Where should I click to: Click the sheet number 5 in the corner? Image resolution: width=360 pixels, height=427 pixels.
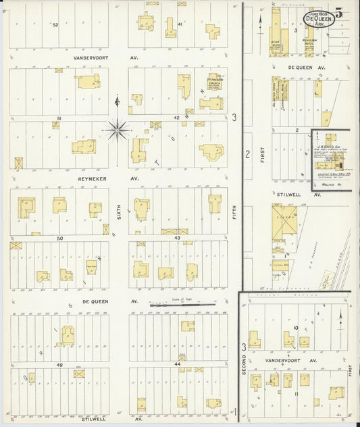point(345,11)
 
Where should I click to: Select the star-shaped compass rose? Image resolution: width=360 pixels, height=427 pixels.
point(118,128)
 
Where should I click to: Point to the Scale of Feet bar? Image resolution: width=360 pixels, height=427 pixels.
point(182,305)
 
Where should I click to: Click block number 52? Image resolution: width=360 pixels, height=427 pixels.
point(55,24)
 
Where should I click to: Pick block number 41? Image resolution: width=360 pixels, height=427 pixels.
point(180,24)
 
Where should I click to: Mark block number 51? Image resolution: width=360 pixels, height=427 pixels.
point(59,119)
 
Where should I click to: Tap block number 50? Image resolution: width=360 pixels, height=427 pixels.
point(59,238)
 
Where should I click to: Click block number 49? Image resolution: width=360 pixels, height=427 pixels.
point(59,365)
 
